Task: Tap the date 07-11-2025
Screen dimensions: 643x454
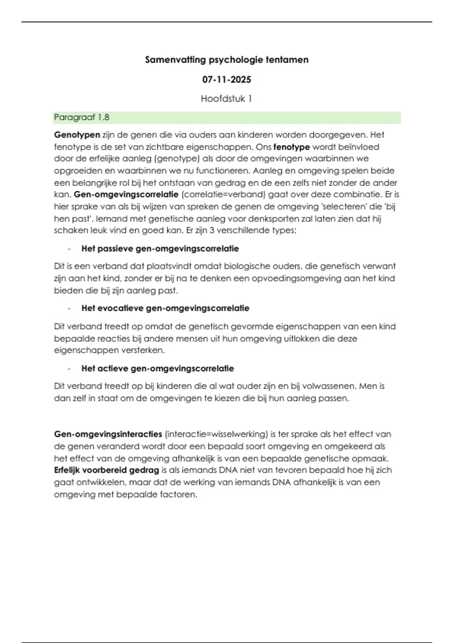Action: tap(227, 79)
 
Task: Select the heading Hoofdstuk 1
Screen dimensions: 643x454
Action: tap(226, 99)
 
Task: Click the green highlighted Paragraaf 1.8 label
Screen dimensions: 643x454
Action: tap(82, 117)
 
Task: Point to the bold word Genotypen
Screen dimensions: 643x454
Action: tap(77, 135)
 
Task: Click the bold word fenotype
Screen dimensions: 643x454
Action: tap(291, 147)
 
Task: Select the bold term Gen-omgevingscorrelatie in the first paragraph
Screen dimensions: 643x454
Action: tap(126, 194)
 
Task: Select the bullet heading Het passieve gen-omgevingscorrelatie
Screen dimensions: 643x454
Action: tap(160, 249)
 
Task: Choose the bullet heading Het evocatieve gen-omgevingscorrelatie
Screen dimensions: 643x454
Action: tap(165, 308)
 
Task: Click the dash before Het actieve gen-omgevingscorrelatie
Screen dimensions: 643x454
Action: tap(69, 368)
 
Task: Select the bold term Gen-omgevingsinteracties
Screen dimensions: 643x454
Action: tap(108, 434)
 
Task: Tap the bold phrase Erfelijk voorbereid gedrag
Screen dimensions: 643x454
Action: tap(106, 470)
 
